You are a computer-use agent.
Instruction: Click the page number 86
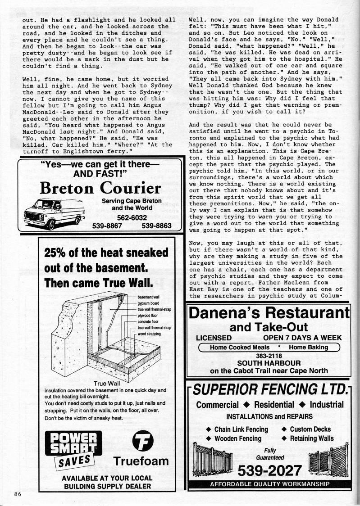[x=18, y=494]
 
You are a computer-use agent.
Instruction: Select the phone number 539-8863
[x=156, y=226]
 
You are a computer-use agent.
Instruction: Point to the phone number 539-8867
[x=107, y=226]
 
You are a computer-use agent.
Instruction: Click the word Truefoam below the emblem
[x=141, y=461]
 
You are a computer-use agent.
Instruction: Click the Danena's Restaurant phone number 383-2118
[x=268, y=355]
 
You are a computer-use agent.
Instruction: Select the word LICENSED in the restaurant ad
[x=214, y=338]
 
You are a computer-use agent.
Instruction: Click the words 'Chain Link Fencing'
[x=241, y=429]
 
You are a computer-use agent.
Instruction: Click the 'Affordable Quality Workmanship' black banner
[x=269, y=484]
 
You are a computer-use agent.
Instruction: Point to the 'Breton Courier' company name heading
[x=100, y=188]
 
